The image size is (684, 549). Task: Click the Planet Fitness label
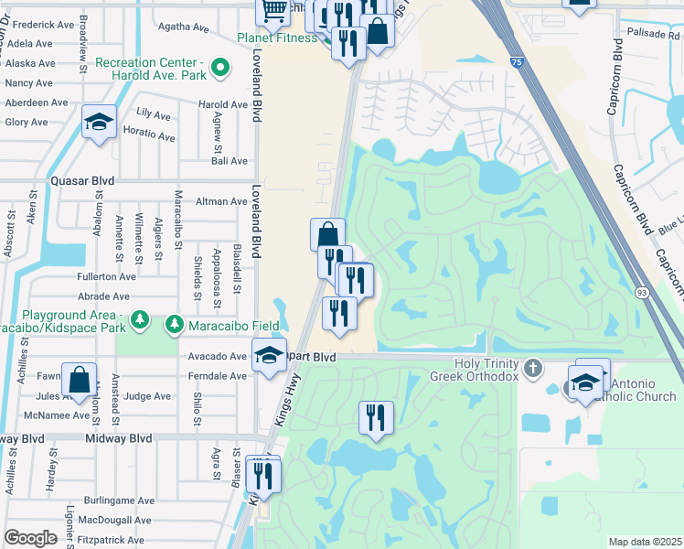tap(283, 38)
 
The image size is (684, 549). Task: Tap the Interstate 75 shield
tap(518, 62)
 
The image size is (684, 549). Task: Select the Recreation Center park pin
tap(219, 67)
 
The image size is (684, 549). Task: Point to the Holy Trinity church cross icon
tap(536, 369)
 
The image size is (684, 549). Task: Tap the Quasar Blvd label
tap(83, 181)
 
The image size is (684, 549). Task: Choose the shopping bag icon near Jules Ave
tap(80, 379)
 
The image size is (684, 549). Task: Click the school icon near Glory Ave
tap(99, 122)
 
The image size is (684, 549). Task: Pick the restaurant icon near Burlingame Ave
tap(263, 475)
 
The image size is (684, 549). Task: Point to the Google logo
tap(30, 538)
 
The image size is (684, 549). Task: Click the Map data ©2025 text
tap(644, 542)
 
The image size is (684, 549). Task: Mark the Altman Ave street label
tap(222, 201)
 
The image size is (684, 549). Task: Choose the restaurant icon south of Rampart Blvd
tap(376, 417)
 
